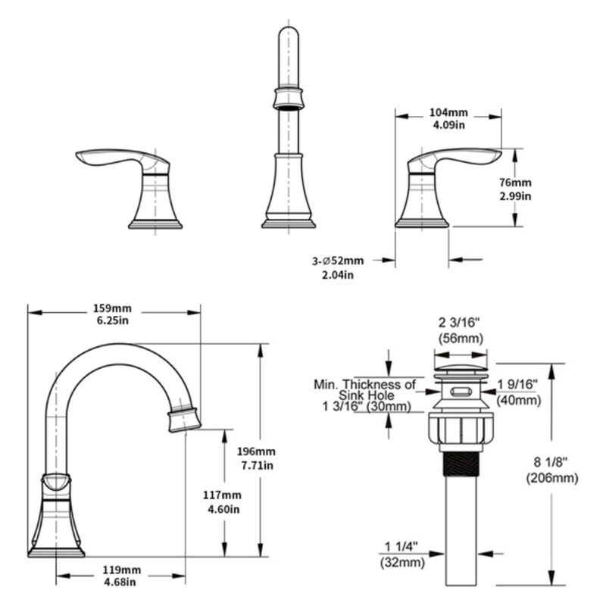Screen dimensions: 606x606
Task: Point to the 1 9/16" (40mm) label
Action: pos(518,391)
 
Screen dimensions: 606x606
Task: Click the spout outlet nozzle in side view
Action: pos(184,419)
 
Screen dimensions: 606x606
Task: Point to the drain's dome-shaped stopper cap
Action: pos(458,370)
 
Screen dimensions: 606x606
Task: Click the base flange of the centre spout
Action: pos(288,223)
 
